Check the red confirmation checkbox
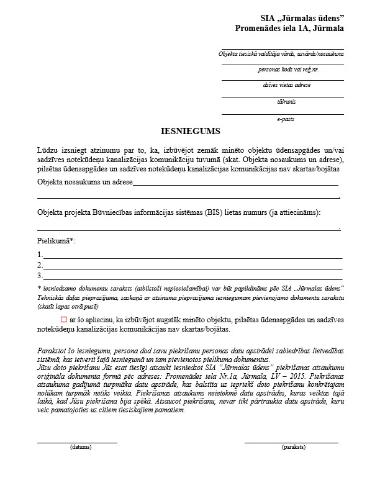click(x=63, y=319)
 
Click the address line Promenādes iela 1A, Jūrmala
click(x=289, y=29)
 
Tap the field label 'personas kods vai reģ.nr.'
click(x=283, y=70)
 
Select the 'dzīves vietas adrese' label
click(x=283, y=85)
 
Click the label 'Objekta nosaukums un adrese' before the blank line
click(x=84, y=183)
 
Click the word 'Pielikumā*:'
click(x=57, y=240)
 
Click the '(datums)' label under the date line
click(x=81, y=446)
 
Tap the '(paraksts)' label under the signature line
click(x=292, y=446)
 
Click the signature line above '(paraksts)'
click(x=291, y=441)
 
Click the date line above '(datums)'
click(x=78, y=441)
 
